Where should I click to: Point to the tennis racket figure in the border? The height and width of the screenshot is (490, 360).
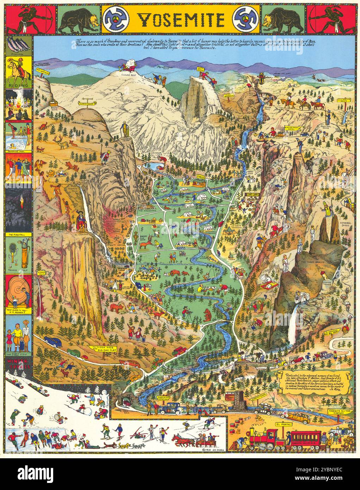pos(13,252)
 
